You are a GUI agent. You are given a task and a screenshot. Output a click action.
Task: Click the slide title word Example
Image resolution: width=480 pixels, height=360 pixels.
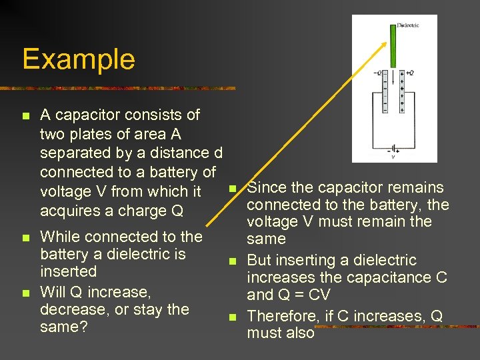tap(79, 59)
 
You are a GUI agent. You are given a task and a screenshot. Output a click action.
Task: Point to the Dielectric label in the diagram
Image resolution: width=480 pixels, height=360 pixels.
tap(408, 25)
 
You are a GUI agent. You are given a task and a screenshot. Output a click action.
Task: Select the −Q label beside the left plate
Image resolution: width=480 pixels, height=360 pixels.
tap(378, 73)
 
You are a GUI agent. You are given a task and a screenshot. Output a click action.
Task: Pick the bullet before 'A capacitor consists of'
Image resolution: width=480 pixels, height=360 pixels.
tap(25, 116)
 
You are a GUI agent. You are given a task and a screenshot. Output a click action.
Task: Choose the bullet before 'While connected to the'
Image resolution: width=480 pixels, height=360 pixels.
tap(25, 237)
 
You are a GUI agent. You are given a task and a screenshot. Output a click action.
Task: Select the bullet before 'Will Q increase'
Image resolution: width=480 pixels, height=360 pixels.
tap(25, 293)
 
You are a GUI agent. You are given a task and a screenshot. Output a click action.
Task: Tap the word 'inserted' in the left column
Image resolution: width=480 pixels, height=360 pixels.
tap(68, 271)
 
